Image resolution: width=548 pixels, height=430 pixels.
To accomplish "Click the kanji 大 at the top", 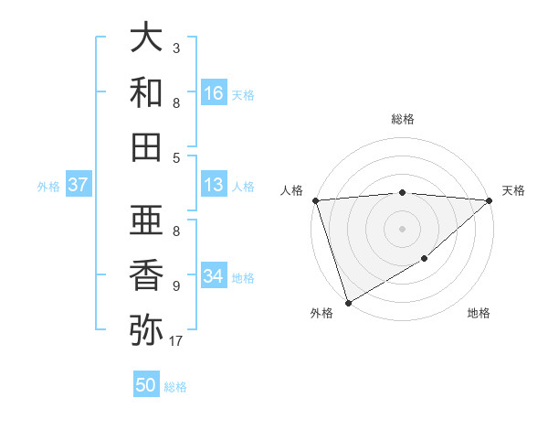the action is tap(147, 38).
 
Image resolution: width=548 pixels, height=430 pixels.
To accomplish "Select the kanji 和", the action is tap(147, 92).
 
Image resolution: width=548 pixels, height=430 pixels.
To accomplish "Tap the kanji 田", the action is tap(147, 146).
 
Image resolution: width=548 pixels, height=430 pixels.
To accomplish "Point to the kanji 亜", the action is tap(147, 220).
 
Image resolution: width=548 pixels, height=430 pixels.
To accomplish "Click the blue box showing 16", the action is tap(214, 93).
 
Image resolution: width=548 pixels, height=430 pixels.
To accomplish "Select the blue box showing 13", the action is tap(214, 185).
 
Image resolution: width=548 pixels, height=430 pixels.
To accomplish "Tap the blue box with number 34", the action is tap(214, 276).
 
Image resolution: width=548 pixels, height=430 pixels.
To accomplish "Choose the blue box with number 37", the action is tap(79, 185).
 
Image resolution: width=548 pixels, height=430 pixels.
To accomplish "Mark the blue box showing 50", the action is tap(146, 385).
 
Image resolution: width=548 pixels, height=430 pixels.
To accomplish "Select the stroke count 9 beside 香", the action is tap(175, 285).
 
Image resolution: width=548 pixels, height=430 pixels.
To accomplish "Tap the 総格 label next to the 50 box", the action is tap(176, 387).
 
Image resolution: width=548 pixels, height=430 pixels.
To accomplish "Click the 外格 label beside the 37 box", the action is tap(48, 187).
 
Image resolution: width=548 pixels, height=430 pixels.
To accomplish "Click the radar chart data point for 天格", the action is tap(489, 200).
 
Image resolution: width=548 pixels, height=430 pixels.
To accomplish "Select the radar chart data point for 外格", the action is tap(348, 302).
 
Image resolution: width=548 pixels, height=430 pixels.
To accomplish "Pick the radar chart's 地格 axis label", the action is tap(479, 314).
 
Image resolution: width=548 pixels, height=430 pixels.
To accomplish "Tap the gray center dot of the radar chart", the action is tap(402, 228).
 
